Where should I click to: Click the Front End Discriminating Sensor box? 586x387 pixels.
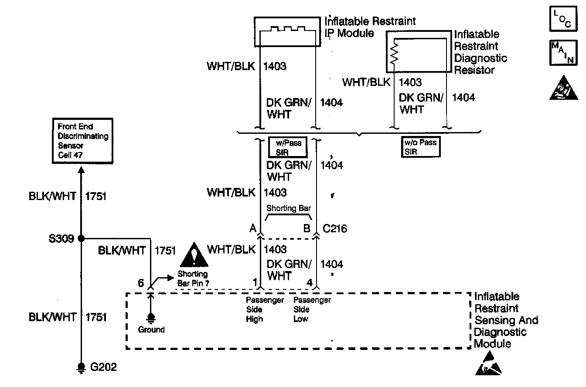pos(81,141)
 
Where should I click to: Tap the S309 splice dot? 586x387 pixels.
pos(81,239)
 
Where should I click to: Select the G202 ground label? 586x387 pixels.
pos(103,367)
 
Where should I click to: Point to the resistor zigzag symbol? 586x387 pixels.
pos(394,54)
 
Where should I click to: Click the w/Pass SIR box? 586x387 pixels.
pos(288,147)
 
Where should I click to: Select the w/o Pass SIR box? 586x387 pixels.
pos(421,147)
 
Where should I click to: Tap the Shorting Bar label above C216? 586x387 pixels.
pos(288,208)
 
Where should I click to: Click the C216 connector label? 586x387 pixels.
pos(334,228)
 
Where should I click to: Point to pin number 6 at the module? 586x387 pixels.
pos(140,283)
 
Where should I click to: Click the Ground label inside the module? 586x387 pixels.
pos(151,330)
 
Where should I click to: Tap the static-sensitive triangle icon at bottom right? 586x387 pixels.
pos(488,365)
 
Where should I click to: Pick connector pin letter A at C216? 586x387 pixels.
pos(252,228)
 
